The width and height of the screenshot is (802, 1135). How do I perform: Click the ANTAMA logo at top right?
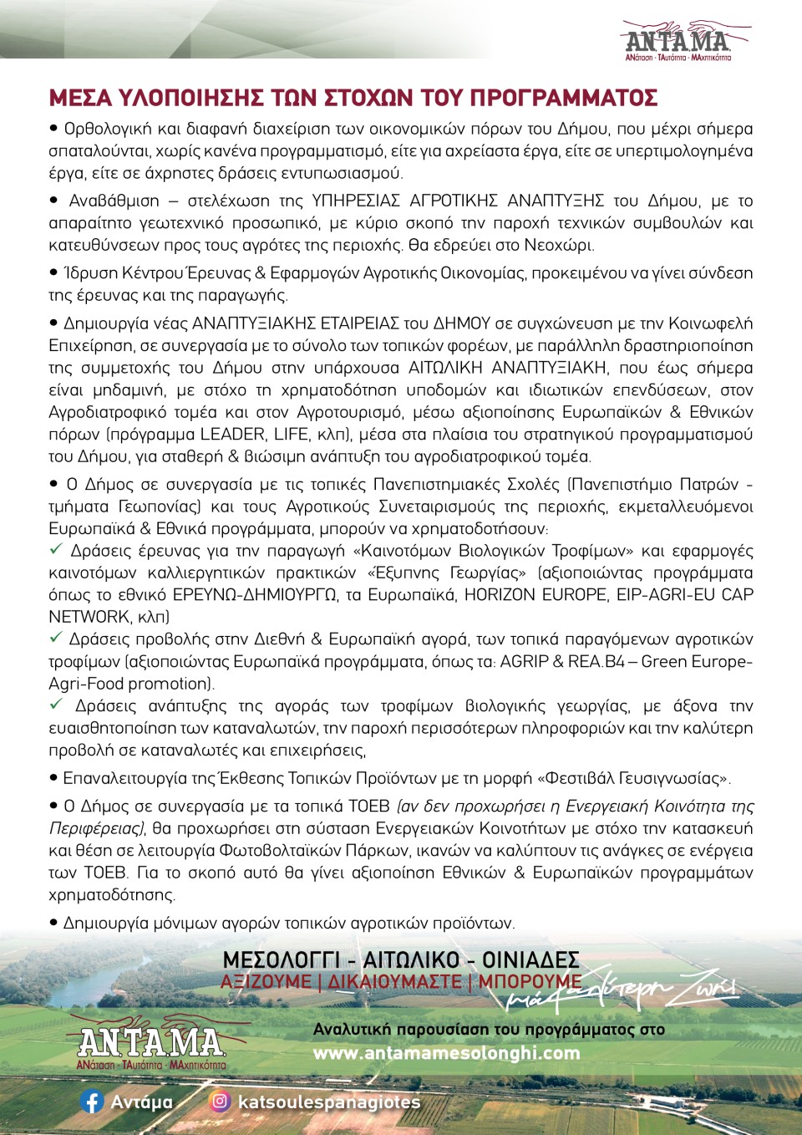point(677,41)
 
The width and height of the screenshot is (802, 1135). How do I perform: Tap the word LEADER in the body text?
point(233,435)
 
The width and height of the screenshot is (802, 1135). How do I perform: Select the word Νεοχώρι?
point(558,246)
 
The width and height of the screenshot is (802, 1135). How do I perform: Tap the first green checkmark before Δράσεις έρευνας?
point(56,550)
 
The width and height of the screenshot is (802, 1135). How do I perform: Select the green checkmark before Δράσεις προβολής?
point(56,639)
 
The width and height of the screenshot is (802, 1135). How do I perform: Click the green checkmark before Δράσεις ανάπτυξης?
point(56,705)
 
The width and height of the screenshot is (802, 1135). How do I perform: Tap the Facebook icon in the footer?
point(92,1102)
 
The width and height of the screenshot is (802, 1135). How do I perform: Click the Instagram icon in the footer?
point(220,1102)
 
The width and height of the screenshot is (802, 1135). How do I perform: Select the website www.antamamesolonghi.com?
point(446,1053)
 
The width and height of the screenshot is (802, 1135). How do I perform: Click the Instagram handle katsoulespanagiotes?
point(329,1102)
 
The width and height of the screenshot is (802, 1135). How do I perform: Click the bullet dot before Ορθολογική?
point(54,129)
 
